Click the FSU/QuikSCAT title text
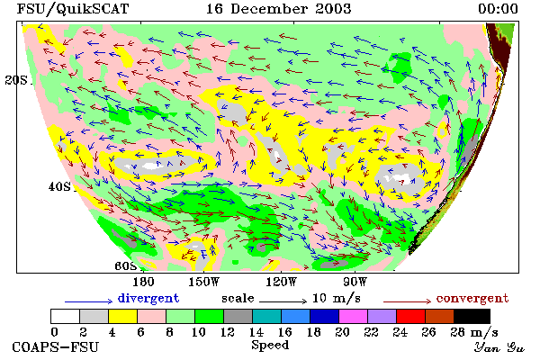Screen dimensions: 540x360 coord(73,9)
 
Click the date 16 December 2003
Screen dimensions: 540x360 coord(279,9)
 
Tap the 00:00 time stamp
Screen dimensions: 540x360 coord(498,9)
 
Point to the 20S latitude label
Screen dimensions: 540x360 coord(16,80)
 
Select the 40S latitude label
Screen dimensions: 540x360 coord(59,186)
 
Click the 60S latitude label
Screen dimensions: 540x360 coord(125,265)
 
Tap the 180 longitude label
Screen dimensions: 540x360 coord(143,282)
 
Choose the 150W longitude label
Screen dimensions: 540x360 coord(204,282)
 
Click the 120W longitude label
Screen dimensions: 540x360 coord(281,282)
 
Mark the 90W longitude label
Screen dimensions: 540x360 coord(355,282)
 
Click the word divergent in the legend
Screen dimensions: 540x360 coord(148,298)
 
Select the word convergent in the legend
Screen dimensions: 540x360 coord(472,298)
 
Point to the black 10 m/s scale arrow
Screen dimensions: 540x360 coord(283,301)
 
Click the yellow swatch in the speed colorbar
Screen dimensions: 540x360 coord(122,316)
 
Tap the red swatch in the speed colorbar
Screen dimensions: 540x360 coord(410,316)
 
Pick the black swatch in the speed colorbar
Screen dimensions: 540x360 coord(472,316)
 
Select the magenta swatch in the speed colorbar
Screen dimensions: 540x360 coord(353,316)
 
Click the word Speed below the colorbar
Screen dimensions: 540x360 coord(270,346)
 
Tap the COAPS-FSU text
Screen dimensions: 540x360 coord(55,347)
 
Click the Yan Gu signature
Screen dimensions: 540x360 coord(499,347)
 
